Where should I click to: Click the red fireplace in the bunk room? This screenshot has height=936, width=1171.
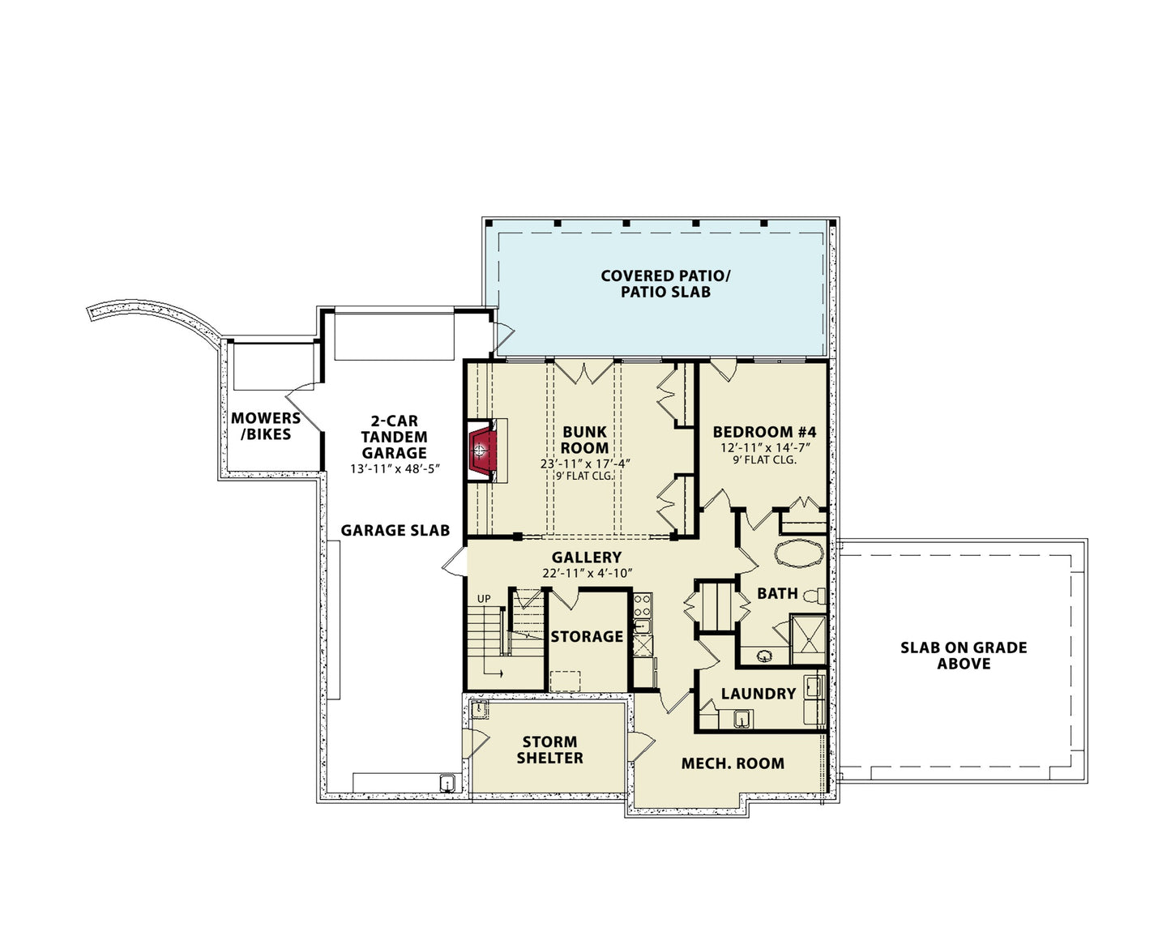[x=481, y=450]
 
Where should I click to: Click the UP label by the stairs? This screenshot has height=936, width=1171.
[x=484, y=599]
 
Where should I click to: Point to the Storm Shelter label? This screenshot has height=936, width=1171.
[x=549, y=750]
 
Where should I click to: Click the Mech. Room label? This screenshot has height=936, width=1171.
[x=733, y=763]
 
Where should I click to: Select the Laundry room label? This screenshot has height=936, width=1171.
[x=759, y=694]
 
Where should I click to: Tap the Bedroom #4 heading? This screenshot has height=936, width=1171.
[x=764, y=432]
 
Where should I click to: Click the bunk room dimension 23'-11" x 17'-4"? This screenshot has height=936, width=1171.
[x=585, y=463]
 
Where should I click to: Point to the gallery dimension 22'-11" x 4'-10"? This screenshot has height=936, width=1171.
[x=587, y=572]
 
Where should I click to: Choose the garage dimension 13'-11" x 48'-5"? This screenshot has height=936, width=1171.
[x=395, y=468]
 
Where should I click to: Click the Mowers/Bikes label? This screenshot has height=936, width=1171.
[x=266, y=426]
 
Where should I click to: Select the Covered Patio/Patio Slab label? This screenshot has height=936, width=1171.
[x=665, y=284]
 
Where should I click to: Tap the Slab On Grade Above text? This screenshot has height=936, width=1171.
[x=964, y=655]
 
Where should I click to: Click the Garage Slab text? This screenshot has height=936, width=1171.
[x=395, y=530]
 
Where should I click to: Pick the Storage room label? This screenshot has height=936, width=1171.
[x=587, y=636]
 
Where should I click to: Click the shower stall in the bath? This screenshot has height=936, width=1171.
[x=807, y=639]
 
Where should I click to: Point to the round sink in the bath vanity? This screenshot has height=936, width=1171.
[x=764, y=656]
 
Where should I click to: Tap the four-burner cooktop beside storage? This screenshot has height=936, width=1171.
[x=643, y=605]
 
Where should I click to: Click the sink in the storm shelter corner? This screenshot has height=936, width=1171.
[x=480, y=709]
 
